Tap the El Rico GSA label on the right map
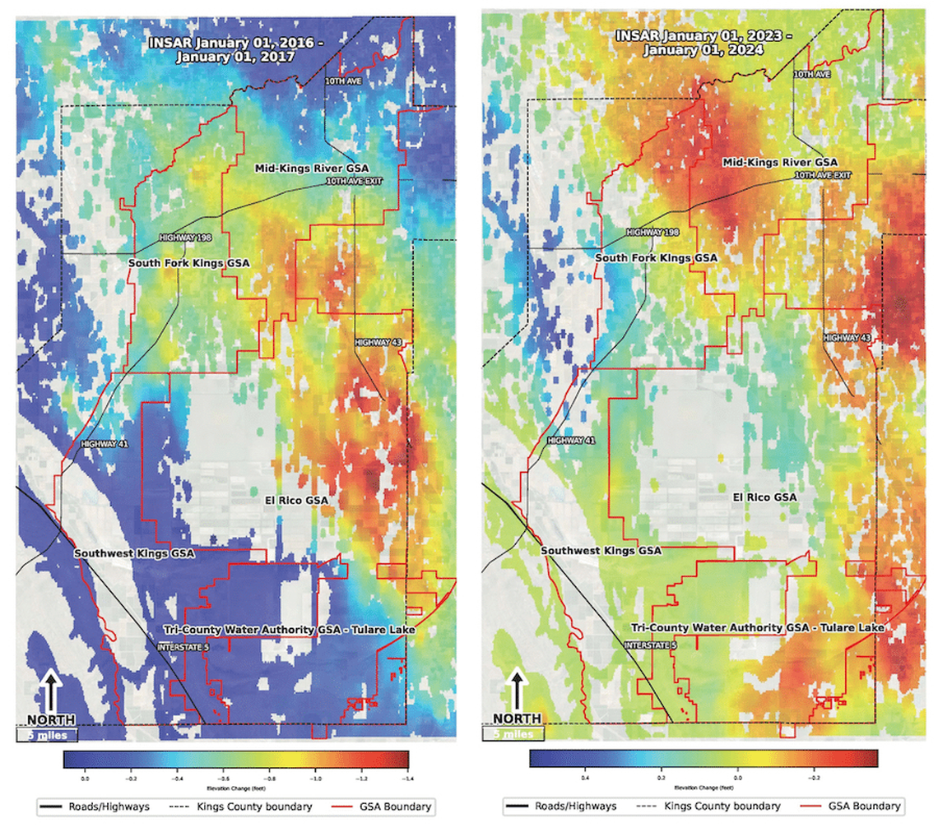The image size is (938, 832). pyautogui.click(x=765, y=497)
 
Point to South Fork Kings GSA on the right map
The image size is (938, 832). pyautogui.click(x=657, y=257)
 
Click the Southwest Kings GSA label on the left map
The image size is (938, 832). pyautogui.click(x=135, y=553)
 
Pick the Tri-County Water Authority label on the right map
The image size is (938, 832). pyautogui.click(x=758, y=627)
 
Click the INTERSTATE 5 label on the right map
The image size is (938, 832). pyautogui.click(x=652, y=645)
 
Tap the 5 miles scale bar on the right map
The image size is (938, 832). pyautogui.click(x=513, y=733)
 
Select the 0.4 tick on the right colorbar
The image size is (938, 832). pyautogui.click(x=585, y=775)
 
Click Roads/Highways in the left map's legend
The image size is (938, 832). pyautogui.click(x=112, y=807)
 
